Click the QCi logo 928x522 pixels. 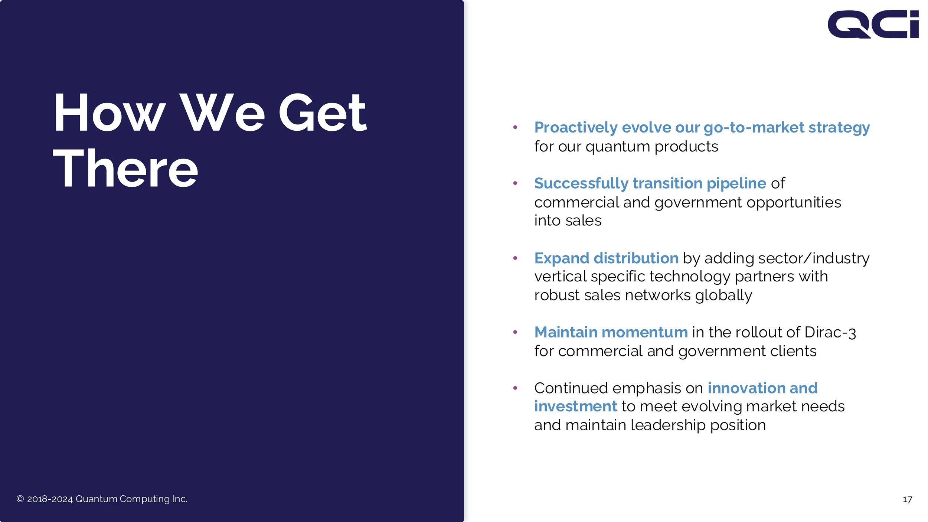point(873,24)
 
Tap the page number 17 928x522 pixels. point(907,500)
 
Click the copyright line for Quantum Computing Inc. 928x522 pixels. point(102,499)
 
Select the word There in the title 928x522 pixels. point(125,168)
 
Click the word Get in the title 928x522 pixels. point(323,112)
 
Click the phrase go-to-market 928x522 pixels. point(754,128)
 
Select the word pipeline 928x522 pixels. point(736,183)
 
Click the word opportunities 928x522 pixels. point(794,203)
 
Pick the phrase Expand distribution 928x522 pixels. point(606,258)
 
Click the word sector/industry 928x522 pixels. point(814,258)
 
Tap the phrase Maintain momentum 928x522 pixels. point(611,332)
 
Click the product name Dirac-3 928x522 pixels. point(830,333)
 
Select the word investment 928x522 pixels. point(575,407)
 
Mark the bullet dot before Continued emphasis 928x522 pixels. point(515,388)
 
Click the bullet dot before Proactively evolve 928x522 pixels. point(515,127)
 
